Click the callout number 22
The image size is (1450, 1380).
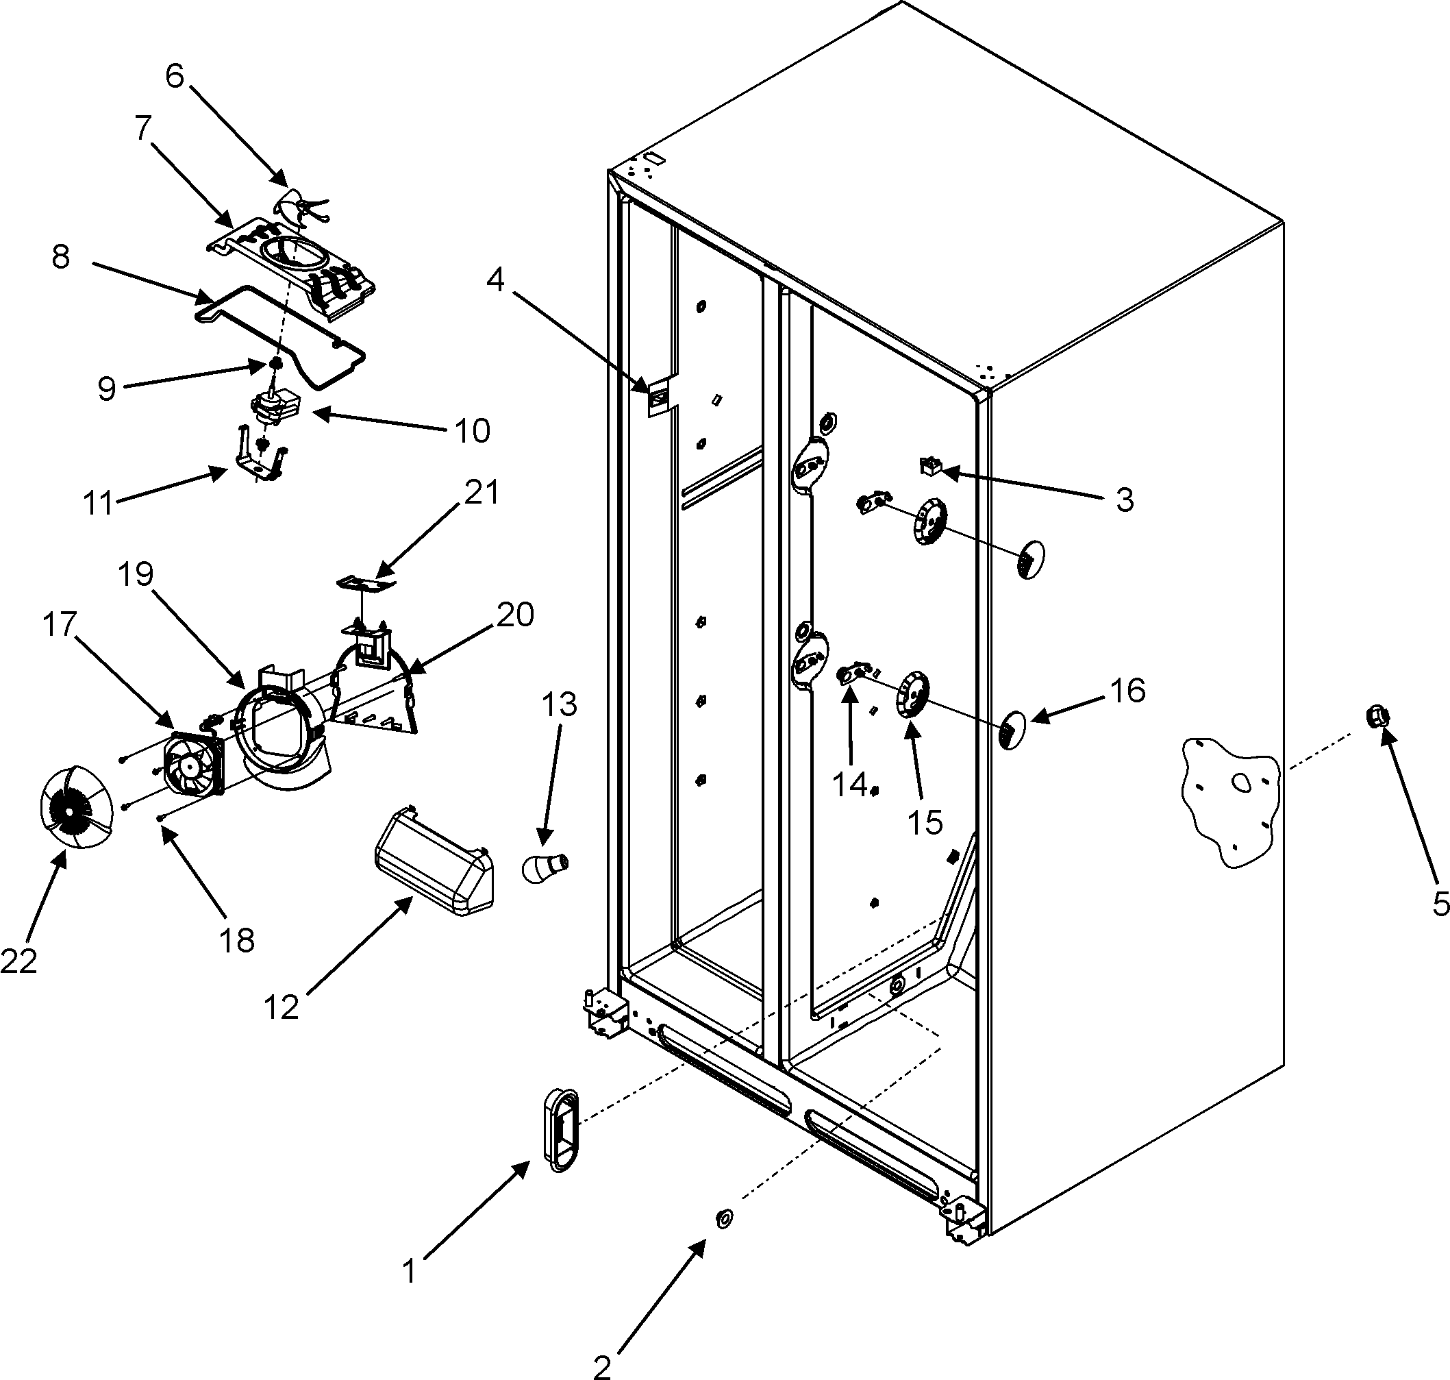click(18, 961)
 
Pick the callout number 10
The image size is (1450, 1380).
click(471, 431)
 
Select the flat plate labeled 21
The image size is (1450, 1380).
click(366, 583)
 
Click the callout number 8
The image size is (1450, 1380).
click(60, 258)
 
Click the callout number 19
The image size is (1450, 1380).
click(136, 574)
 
